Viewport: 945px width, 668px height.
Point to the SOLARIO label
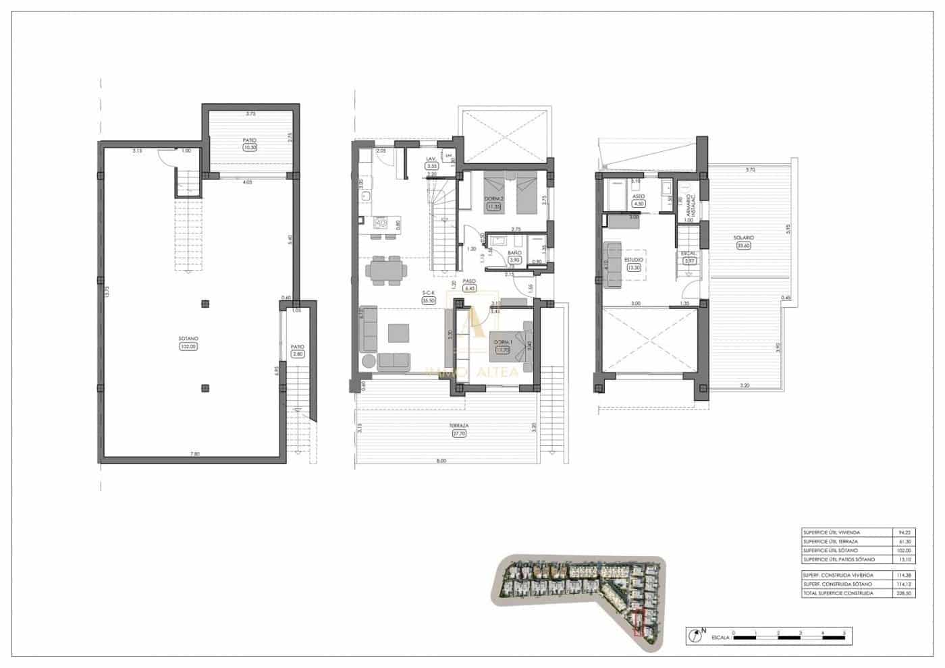pos(745,238)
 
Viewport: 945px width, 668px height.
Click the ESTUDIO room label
pos(633,259)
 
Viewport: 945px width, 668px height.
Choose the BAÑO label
pos(514,253)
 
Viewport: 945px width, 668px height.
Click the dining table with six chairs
pos(386,270)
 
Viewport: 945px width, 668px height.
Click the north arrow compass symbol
pos(693,634)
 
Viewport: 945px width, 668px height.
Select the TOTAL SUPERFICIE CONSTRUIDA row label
pos(838,593)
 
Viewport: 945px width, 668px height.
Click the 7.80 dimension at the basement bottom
pos(195,453)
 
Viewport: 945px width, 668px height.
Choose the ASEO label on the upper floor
pos(639,196)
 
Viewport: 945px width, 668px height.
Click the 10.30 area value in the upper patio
pos(250,147)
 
